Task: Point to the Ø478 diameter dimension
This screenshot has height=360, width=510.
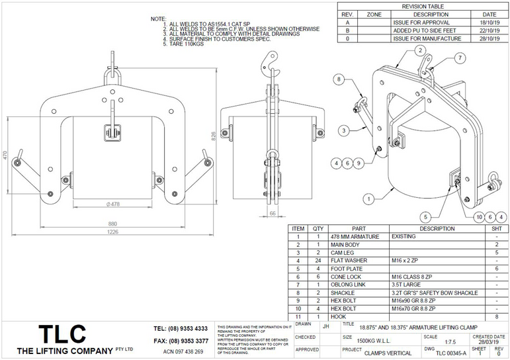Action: click(x=114, y=203)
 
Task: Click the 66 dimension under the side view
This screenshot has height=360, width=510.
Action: click(x=273, y=214)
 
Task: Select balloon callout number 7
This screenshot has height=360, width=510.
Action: click(x=459, y=59)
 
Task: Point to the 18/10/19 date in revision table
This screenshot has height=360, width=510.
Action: click(x=489, y=22)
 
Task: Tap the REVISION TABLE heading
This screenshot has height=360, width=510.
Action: click(x=423, y=6)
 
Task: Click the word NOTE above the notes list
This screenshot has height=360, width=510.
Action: click(x=158, y=19)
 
